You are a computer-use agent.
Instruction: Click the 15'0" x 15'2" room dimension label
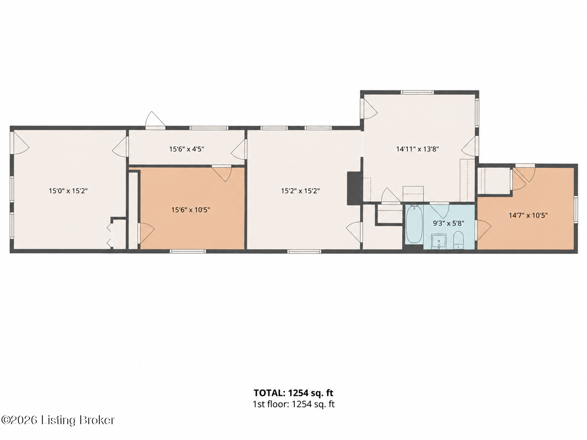click(68, 191)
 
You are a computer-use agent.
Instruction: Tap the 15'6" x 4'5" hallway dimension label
click(186, 149)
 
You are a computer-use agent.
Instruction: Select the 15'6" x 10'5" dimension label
click(191, 210)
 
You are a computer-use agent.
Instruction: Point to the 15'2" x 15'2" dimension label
click(300, 191)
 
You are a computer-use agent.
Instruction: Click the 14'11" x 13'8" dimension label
click(418, 149)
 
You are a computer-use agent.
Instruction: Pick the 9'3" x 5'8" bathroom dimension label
click(448, 223)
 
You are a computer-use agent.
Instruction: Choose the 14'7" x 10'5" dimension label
click(528, 215)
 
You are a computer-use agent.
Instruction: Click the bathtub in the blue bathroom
click(414, 224)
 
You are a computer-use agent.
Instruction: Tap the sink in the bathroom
click(439, 241)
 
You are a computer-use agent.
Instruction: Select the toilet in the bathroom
click(458, 240)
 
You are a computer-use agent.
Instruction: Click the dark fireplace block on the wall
click(354, 188)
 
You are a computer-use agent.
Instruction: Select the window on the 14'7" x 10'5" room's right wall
click(576, 209)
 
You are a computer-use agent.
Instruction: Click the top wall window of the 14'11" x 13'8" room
click(417, 92)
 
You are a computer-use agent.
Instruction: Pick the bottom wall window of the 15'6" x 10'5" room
click(188, 251)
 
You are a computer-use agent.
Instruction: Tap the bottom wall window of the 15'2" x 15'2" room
click(304, 251)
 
